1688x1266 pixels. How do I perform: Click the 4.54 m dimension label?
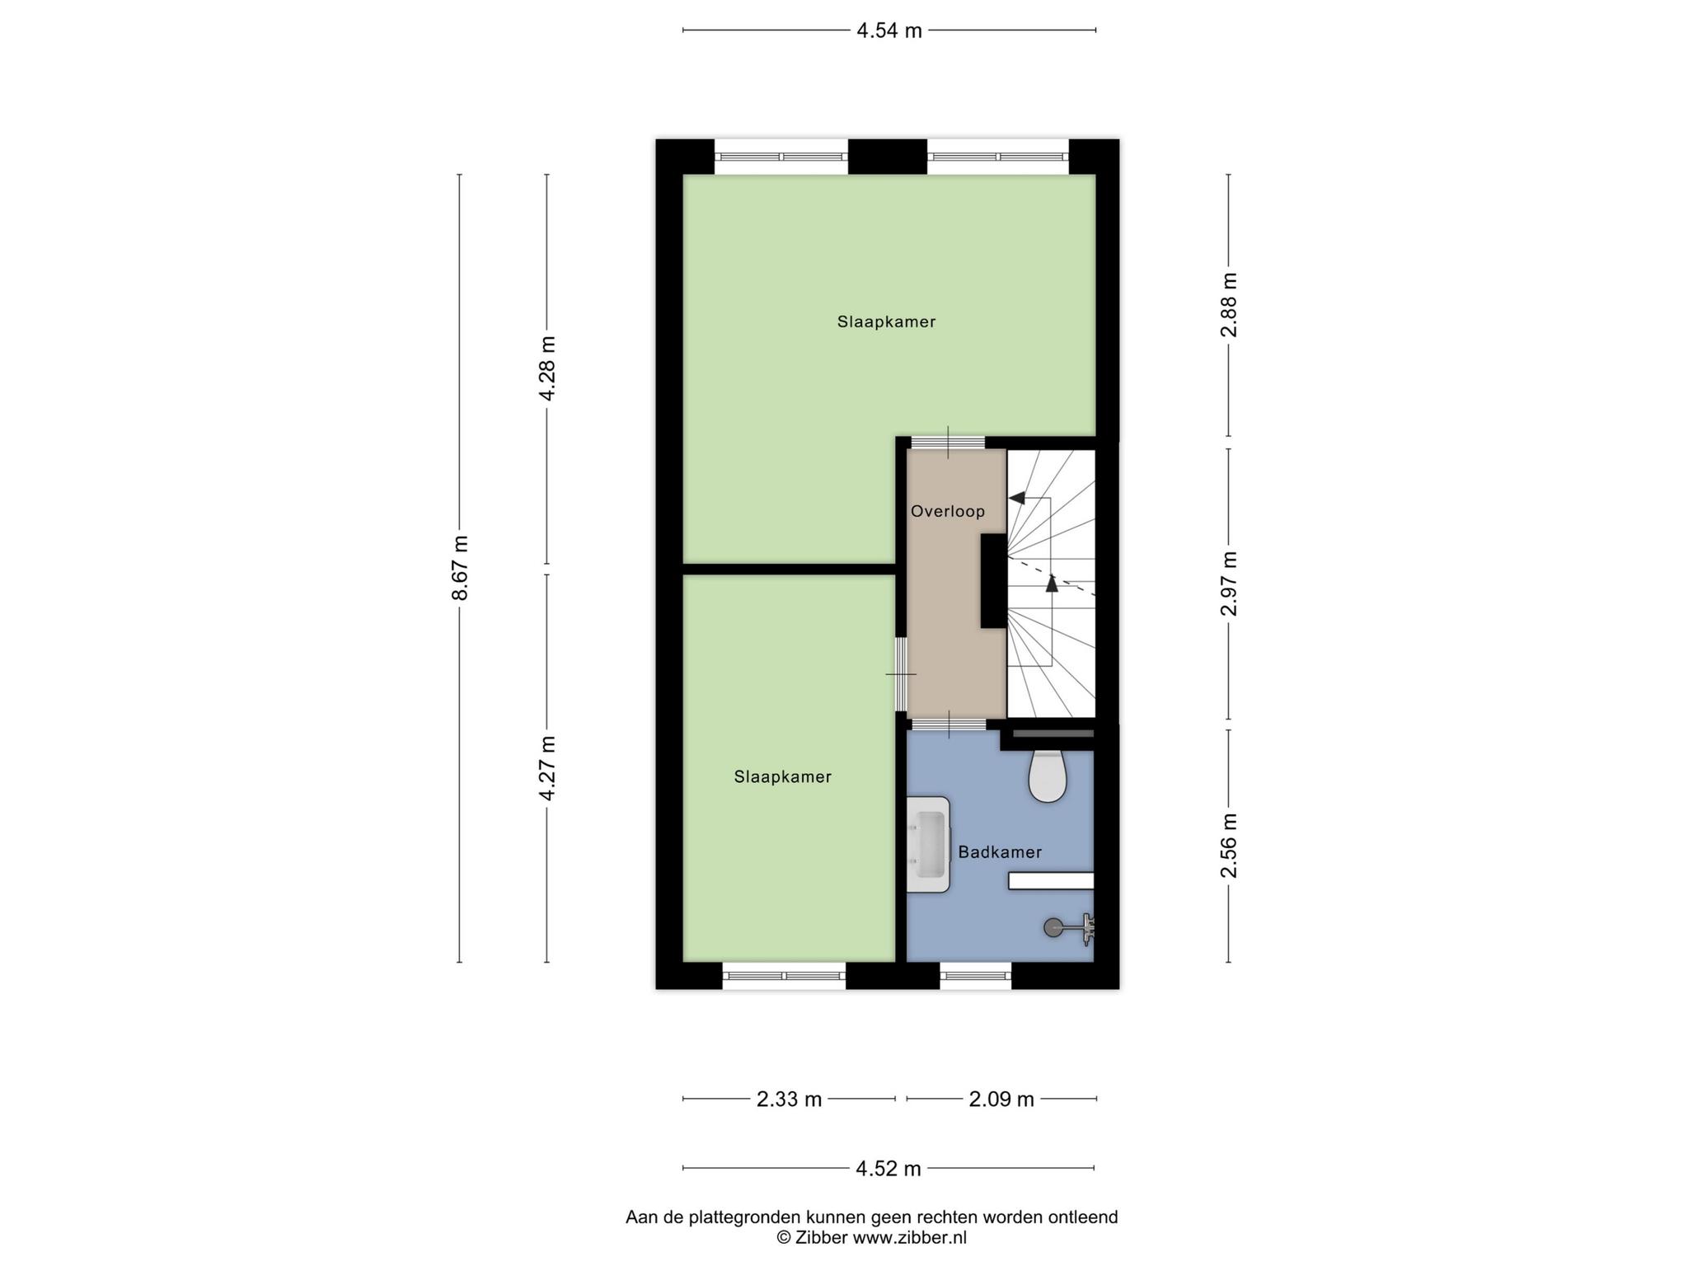pyautogui.click(x=889, y=31)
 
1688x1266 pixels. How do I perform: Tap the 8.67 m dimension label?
pyautogui.click(x=461, y=568)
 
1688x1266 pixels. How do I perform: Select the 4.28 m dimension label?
pyautogui.click(x=547, y=368)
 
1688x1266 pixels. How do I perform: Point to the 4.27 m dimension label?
pyautogui.click(x=547, y=768)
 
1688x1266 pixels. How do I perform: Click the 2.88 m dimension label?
pyautogui.click(x=1229, y=305)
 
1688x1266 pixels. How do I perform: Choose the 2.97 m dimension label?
pyautogui.click(x=1229, y=584)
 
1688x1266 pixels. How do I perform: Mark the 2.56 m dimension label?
pyautogui.click(x=1229, y=846)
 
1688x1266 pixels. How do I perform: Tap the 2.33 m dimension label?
pyautogui.click(x=790, y=1099)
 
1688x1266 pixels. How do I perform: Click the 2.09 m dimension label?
pyautogui.click(x=1001, y=1099)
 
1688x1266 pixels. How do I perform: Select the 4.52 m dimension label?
pyautogui.click(x=889, y=1168)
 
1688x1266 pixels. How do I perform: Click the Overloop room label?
pyautogui.click(x=948, y=511)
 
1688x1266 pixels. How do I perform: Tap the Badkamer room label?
pyautogui.click(x=1000, y=852)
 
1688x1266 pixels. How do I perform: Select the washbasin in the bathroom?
pyautogui.click(x=929, y=844)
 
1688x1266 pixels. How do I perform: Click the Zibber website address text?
pyautogui.click(x=909, y=1237)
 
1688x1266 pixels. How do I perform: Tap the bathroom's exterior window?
pyautogui.click(x=976, y=976)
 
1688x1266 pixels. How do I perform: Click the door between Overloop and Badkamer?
pyautogui.click(x=948, y=724)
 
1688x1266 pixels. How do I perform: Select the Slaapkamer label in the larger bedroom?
pyautogui.click(x=886, y=321)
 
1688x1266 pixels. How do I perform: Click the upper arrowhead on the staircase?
pyautogui.click(x=1017, y=498)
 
